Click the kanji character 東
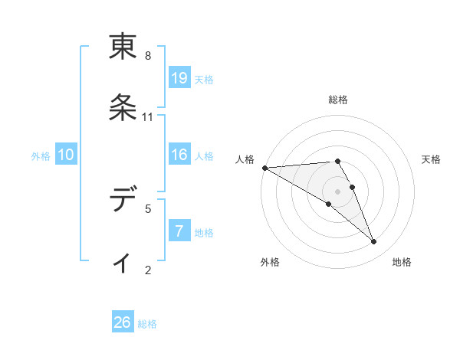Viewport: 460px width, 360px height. pos(123,47)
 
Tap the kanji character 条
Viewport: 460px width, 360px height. pos(123,107)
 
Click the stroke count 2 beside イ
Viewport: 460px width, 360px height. pos(148,269)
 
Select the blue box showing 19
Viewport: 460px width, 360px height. pos(179,78)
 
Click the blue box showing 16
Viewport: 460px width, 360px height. pos(179,155)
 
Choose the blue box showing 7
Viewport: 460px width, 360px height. pos(179,231)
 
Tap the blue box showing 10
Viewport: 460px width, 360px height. pos(66,155)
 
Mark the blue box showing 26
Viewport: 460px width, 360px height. pos(123,322)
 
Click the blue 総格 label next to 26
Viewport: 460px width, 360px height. pos(148,324)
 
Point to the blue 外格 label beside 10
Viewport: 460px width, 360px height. pos(41,155)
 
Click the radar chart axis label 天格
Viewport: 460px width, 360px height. pos(431,159)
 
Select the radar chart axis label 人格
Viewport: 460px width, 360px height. pos(245,159)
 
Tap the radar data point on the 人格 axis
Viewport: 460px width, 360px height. pos(264,168)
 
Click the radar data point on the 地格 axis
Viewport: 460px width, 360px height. pos(374,242)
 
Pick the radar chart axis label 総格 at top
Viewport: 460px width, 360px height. pos(338,100)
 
